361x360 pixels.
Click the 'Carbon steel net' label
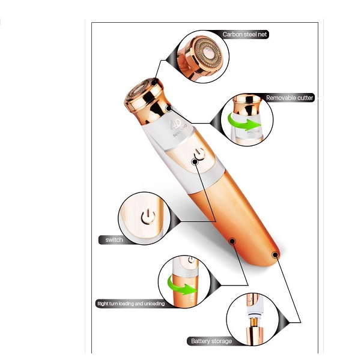pyautogui.click(x=244, y=35)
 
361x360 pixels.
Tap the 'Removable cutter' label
pyautogui.click(x=290, y=98)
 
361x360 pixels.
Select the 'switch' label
pyautogui.click(x=114, y=239)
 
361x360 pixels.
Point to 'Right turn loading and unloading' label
pyautogui.click(x=131, y=304)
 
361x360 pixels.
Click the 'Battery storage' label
pyautogui.click(x=211, y=341)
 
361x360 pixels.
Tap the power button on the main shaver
pyautogui.click(x=199, y=154)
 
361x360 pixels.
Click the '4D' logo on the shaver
pyautogui.click(x=175, y=124)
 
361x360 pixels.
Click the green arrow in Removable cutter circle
pyautogui.click(x=244, y=121)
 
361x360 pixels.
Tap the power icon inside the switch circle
pyautogui.click(x=148, y=217)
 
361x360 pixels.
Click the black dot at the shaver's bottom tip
pyautogui.click(x=275, y=254)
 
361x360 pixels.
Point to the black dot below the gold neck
pyautogui.click(x=169, y=109)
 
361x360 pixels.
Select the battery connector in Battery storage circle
pyautogui.click(x=254, y=322)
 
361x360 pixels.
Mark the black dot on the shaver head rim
pyautogui.click(x=154, y=83)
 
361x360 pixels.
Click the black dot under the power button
pyautogui.click(x=195, y=162)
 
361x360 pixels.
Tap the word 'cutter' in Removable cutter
pyautogui.click(x=304, y=98)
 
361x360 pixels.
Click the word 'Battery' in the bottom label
pyautogui.click(x=201, y=341)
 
